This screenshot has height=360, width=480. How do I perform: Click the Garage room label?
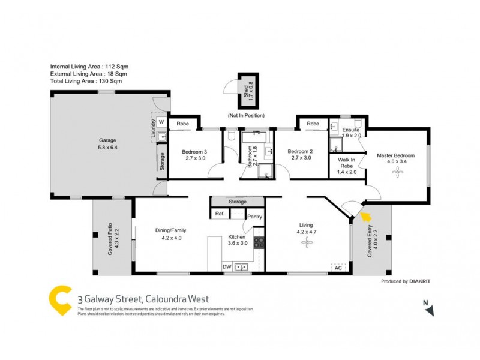[x=107, y=140]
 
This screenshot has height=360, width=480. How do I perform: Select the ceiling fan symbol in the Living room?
[x=307, y=242]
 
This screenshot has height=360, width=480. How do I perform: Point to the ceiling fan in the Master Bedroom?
[x=396, y=173]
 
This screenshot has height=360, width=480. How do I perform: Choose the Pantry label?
[x=254, y=217]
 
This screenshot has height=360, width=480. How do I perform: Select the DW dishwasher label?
[x=227, y=266]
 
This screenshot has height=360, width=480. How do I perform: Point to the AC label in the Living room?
[x=338, y=268]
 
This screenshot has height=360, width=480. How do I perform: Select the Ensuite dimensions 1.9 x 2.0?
[x=351, y=136]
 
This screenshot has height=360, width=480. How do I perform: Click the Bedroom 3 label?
[x=194, y=152]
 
